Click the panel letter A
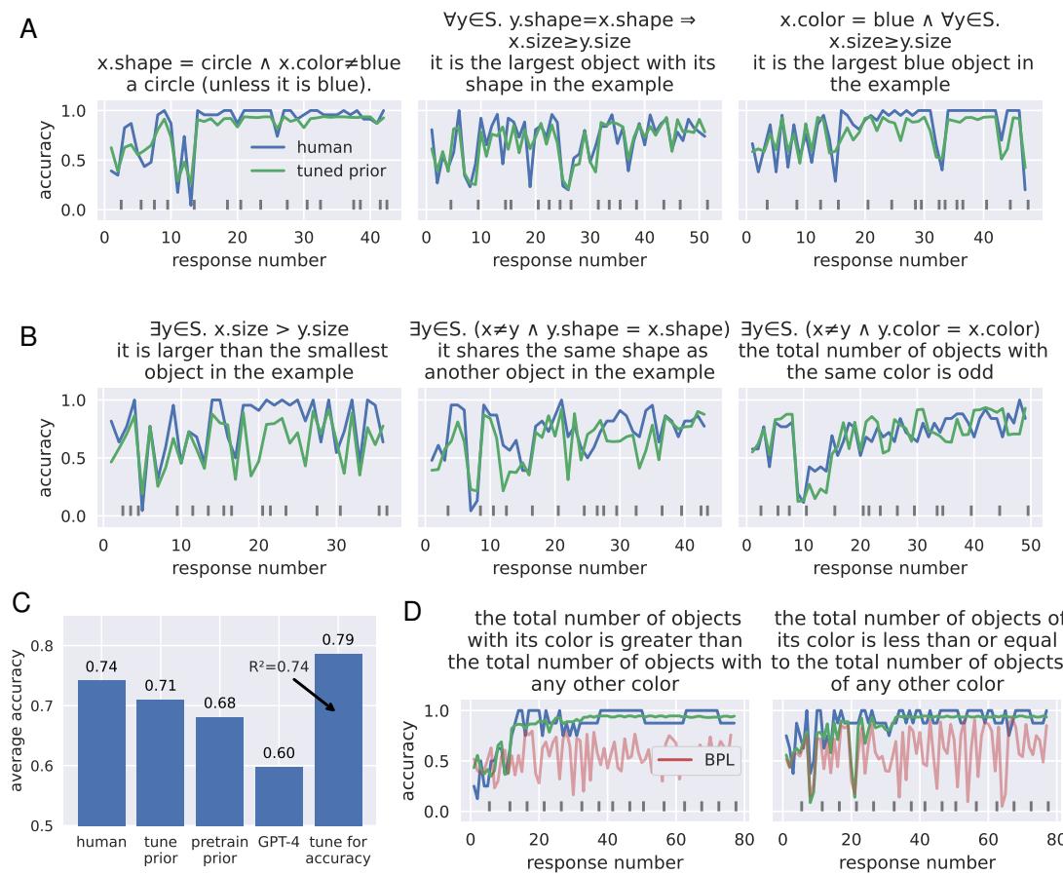[x=29, y=29]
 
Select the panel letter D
[x=412, y=611]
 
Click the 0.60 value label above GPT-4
[x=279, y=752]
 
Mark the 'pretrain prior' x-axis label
[x=219, y=850]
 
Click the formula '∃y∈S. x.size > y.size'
[x=244, y=329]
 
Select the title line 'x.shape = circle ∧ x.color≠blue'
[x=248, y=63]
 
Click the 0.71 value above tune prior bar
[x=161, y=685]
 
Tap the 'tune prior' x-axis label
[x=161, y=850]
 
